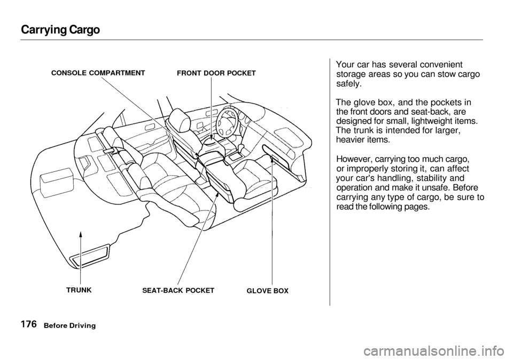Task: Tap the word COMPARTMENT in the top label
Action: tap(118, 71)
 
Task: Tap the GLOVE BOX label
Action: tap(267, 292)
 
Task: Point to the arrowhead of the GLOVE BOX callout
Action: tap(272, 157)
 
